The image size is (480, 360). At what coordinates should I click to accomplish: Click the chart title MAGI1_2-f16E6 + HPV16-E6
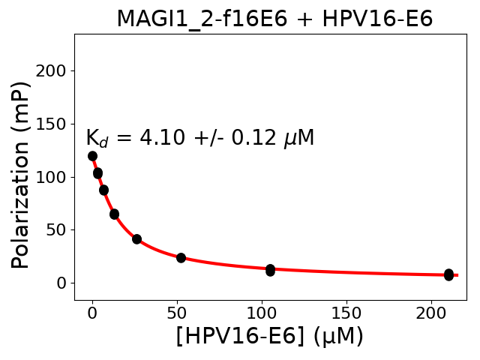pos(274,19)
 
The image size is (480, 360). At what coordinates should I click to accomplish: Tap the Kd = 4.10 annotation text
pos(199,139)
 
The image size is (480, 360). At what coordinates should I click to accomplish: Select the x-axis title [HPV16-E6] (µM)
pos(269,336)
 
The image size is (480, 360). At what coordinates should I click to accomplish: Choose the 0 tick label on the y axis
pos(61,283)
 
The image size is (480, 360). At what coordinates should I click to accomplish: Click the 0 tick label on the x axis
pos(92,312)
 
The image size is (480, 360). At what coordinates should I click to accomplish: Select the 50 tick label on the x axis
pos(177,312)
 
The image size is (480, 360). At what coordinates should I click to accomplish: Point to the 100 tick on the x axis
pos(262,312)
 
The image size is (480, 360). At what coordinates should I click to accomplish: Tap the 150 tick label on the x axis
pos(346,312)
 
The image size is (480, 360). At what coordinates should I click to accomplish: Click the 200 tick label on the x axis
pos(431,312)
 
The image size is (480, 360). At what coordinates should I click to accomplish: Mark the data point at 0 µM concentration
pos(92,156)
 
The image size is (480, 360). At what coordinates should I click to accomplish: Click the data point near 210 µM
pos(448,274)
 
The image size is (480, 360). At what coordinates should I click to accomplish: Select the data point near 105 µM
pos(270,269)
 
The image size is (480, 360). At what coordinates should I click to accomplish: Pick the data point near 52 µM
pos(181,257)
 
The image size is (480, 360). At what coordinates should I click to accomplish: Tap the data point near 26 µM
pos(136,239)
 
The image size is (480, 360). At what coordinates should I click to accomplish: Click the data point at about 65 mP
pos(114,214)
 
